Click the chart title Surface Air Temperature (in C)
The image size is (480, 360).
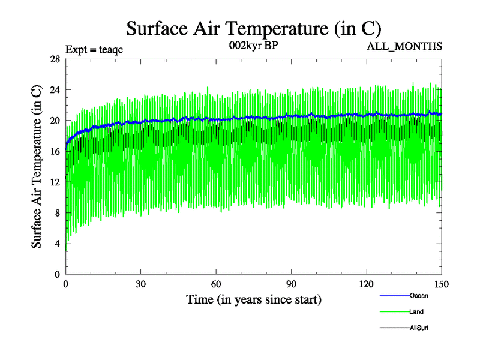coord(253,29)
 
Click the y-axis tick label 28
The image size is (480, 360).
coord(55,59)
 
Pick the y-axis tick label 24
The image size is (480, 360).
coord(55,89)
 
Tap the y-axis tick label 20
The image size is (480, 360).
coord(55,121)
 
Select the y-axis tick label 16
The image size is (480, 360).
coord(55,151)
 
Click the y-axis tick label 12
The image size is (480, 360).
coord(55,182)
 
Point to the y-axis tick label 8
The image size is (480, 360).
coord(58,213)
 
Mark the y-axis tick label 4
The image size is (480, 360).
coord(58,244)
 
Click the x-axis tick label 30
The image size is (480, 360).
coord(141,284)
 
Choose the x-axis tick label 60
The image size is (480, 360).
coord(216,284)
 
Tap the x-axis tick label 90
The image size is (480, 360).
coord(292,284)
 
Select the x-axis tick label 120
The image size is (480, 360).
coord(367,284)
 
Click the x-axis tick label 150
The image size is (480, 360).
coord(441,284)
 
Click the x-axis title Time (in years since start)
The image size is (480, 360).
coord(253,299)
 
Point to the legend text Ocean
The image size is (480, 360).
coord(419,295)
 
